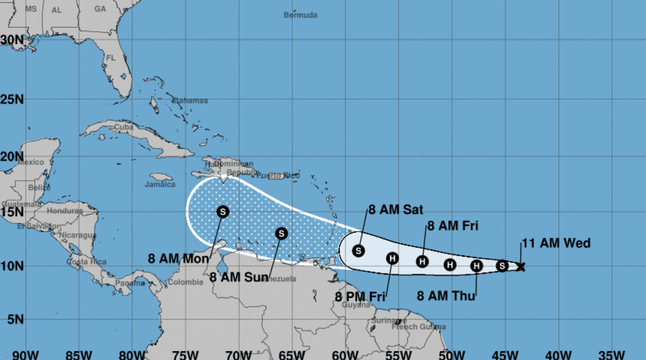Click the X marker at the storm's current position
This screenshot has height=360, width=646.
pos(521,267)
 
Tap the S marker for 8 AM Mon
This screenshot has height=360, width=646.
pos(223,212)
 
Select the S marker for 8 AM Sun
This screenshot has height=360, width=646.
pos(282,233)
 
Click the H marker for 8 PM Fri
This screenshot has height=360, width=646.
pos(392,259)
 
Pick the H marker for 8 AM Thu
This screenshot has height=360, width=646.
pos(477,266)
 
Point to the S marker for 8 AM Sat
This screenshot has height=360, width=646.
pos(358,250)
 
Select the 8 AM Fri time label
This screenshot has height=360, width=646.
pos(453,226)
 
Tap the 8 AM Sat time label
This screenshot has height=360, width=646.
pos(396,210)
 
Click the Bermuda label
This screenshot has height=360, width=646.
pos(300,15)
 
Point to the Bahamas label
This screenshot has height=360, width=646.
pos(190,100)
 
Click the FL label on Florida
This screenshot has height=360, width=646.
pos(111,58)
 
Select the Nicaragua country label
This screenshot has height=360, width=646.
pos(77,235)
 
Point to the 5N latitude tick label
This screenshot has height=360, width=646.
pos(14,320)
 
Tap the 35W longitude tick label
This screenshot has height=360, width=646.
pos(611,354)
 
